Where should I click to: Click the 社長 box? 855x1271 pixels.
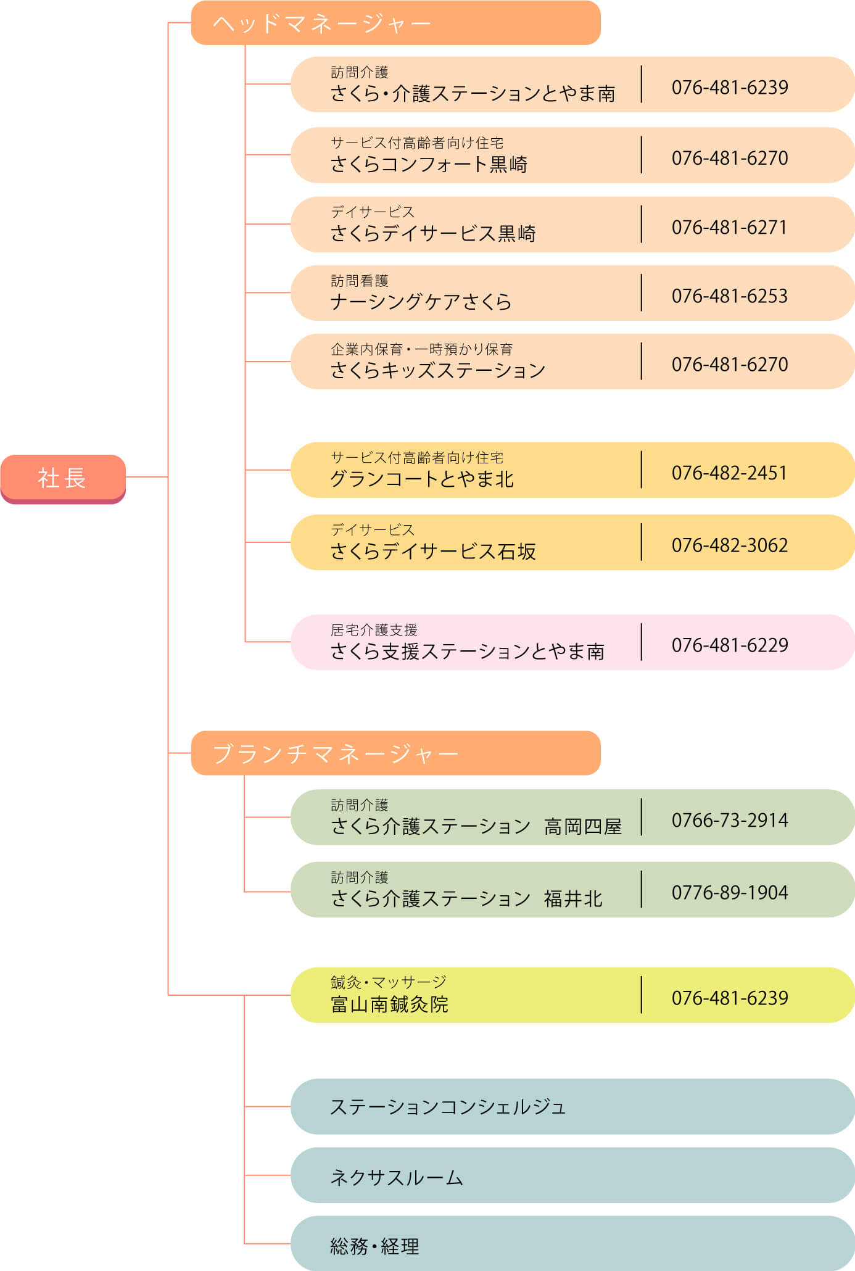coord(62,478)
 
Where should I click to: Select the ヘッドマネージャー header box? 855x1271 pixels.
coord(395,23)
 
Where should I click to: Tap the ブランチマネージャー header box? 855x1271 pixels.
coord(395,753)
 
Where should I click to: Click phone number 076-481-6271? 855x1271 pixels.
coord(729,228)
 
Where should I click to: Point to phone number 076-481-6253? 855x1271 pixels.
coord(729,296)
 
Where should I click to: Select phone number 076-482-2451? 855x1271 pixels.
coord(729,473)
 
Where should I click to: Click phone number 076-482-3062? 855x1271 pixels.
coord(729,545)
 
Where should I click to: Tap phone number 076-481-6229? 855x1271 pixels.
coord(729,645)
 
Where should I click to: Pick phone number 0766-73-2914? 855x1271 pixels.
coord(729,821)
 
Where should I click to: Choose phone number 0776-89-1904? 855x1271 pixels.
coord(729,893)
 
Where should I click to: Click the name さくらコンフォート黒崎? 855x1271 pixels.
coord(429,165)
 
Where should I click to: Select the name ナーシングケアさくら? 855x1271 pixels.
coord(421,302)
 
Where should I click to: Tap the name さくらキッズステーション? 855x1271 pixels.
coord(438,371)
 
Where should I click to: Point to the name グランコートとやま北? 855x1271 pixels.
coord(422,479)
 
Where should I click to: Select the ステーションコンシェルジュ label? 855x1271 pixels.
coord(448,1107)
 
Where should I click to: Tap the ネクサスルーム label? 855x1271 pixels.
coord(396,1178)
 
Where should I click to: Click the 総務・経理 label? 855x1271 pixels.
coord(374,1247)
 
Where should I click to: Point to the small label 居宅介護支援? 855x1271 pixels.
coord(374,630)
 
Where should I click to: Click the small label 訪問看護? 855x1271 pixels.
coord(360,281)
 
